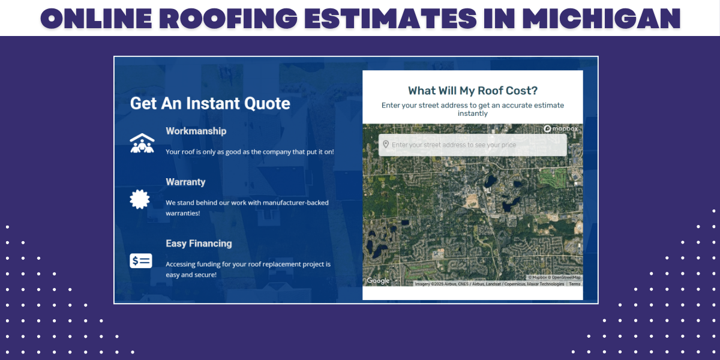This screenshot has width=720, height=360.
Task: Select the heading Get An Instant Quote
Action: point(210,103)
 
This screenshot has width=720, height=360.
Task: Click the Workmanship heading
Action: point(196,131)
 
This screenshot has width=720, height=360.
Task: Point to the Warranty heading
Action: point(185,182)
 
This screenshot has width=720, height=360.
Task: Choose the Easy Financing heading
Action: point(199,244)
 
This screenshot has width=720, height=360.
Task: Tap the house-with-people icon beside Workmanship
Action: point(142,143)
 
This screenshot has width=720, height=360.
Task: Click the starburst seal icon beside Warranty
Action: point(140,199)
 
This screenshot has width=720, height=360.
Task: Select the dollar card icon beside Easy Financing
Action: point(141,261)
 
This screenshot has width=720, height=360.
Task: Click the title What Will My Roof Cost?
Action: point(473,91)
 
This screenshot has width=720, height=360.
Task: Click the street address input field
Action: point(474,145)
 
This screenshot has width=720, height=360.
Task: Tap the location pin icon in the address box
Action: point(385,144)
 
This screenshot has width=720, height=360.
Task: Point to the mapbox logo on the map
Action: point(562,129)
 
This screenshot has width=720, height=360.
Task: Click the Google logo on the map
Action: point(378,281)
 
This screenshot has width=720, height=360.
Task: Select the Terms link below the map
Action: point(575,284)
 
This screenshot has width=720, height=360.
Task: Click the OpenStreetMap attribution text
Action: point(566,277)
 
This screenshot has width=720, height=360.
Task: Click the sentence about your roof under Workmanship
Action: point(250,152)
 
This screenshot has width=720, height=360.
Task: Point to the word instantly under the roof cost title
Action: point(473,113)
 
